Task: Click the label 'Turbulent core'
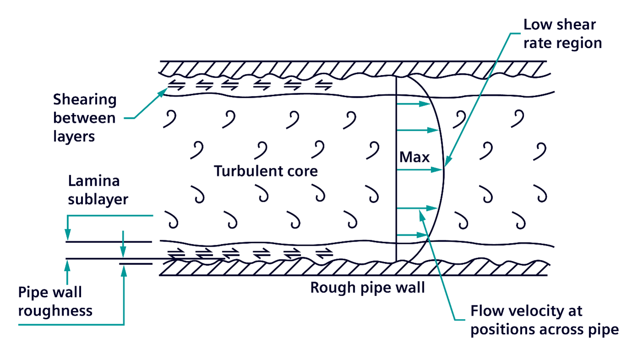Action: tap(266, 171)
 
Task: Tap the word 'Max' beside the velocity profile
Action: tap(414, 157)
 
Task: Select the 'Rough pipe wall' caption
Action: tap(368, 288)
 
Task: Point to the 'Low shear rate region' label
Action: tap(562, 33)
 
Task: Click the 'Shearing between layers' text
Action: tap(84, 118)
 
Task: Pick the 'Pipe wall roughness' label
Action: tap(55, 301)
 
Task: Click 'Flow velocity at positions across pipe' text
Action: tap(544, 320)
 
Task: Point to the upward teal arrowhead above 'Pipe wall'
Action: tap(68, 263)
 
